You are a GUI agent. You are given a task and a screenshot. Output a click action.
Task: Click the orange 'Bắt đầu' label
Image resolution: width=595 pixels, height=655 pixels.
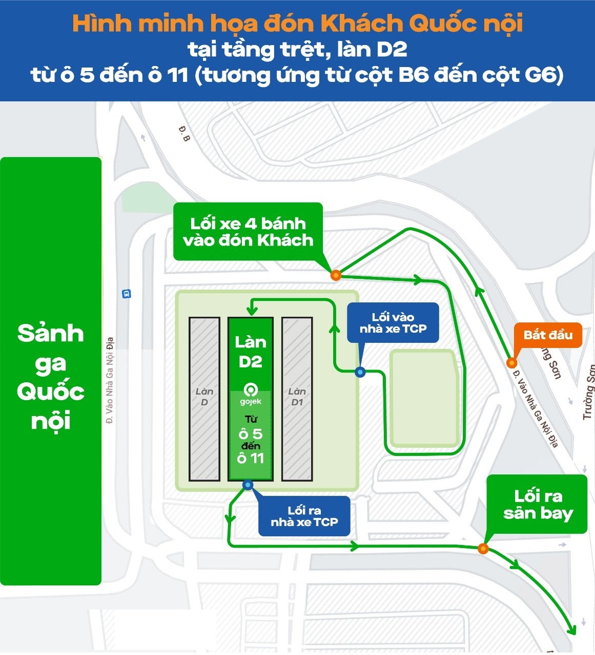click(x=548, y=335)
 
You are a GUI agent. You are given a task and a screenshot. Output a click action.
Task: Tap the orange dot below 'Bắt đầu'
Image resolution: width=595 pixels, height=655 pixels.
click(x=511, y=363)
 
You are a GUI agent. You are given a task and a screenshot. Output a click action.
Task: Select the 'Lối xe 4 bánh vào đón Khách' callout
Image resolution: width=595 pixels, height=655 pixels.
click(x=248, y=232)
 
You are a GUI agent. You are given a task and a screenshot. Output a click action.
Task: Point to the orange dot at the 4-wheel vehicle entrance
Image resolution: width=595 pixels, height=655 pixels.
click(x=336, y=275)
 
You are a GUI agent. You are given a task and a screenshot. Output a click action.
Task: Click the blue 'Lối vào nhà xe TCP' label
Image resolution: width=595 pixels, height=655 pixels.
click(x=393, y=323)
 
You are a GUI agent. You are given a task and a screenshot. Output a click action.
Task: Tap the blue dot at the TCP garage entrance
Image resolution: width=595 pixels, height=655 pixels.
click(x=360, y=372)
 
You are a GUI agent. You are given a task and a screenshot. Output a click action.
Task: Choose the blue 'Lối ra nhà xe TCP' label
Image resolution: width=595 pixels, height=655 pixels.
click(x=304, y=516)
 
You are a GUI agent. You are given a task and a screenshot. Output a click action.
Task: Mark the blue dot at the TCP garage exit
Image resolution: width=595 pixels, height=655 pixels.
click(x=248, y=485)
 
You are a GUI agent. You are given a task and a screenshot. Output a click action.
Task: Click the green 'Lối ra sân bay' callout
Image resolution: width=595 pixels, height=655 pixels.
click(x=538, y=504)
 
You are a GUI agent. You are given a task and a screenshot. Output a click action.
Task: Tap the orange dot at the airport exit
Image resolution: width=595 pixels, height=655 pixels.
click(x=483, y=549)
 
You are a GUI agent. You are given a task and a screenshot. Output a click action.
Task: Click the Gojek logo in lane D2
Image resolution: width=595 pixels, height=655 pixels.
click(x=251, y=390)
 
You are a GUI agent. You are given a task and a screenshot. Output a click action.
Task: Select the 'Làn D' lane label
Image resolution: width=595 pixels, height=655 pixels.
click(x=204, y=397)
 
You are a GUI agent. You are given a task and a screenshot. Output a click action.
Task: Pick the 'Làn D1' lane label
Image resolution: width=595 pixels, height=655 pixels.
click(x=297, y=397)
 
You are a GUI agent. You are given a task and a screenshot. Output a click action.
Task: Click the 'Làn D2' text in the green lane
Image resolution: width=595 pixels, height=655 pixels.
click(x=251, y=352)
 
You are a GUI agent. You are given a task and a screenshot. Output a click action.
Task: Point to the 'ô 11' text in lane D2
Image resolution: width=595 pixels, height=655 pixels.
click(x=251, y=458)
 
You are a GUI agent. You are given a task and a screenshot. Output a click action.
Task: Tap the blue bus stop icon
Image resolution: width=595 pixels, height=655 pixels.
click(x=126, y=294)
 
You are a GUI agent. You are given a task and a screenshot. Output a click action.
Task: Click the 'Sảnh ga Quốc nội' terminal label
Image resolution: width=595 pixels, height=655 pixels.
click(x=50, y=377)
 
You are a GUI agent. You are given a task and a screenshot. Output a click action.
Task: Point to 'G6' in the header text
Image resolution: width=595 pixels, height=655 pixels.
click(x=540, y=75)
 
